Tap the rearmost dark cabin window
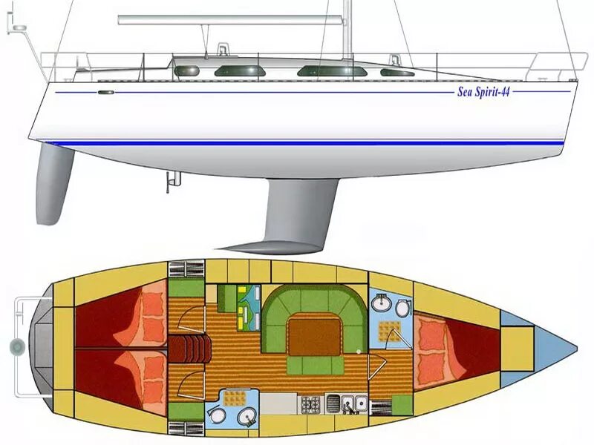point(187,70)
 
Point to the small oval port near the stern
point(106,92)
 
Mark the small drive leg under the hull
point(172,181)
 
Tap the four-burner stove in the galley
point(310,404)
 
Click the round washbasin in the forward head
point(382,303)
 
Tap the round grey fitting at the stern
point(16,346)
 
